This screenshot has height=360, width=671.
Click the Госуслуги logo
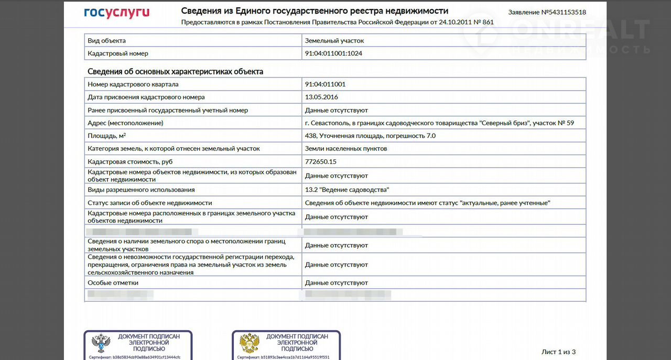click(116, 13)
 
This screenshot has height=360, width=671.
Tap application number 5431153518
click(547, 12)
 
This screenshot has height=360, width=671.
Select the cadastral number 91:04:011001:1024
click(333, 53)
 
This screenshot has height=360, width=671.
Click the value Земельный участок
click(334, 40)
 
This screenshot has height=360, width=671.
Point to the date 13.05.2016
click(321, 97)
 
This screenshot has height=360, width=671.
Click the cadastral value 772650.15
click(321, 161)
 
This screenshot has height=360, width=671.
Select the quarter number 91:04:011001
click(325, 84)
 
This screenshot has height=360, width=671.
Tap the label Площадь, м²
click(107, 136)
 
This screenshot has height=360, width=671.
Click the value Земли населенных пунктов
click(346, 148)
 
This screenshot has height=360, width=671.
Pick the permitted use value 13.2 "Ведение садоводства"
click(347, 190)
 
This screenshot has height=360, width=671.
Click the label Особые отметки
click(113, 282)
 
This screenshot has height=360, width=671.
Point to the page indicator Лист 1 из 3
click(558, 352)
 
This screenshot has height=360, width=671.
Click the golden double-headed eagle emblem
click(250, 344)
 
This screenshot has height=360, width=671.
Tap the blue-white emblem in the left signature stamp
click(101, 344)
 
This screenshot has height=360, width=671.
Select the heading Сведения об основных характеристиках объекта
click(175, 71)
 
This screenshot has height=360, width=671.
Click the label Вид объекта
click(107, 40)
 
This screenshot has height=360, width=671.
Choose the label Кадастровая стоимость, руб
click(130, 161)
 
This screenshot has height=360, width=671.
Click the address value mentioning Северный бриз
click(439, 123)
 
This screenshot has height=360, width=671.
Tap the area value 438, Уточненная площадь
click(370, 136)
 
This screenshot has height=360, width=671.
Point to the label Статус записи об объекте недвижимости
click(150, 203)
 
